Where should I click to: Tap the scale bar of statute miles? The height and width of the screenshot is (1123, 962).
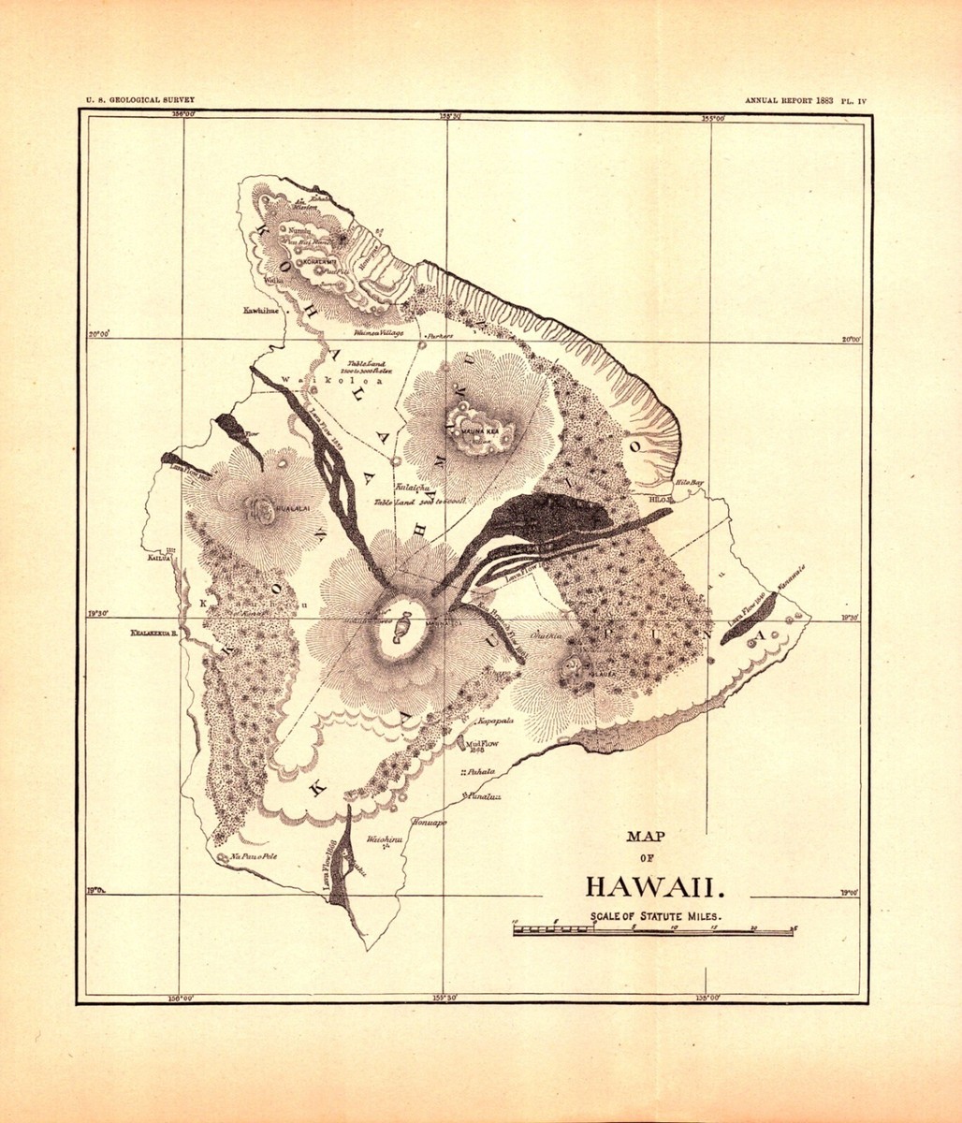point(653,931)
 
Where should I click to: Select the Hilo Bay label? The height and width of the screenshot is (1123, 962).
point(690,483)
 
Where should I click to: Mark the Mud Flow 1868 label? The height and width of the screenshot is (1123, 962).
point(474,746)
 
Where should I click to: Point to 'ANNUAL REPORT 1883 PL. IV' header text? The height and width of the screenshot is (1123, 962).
point(807,99)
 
